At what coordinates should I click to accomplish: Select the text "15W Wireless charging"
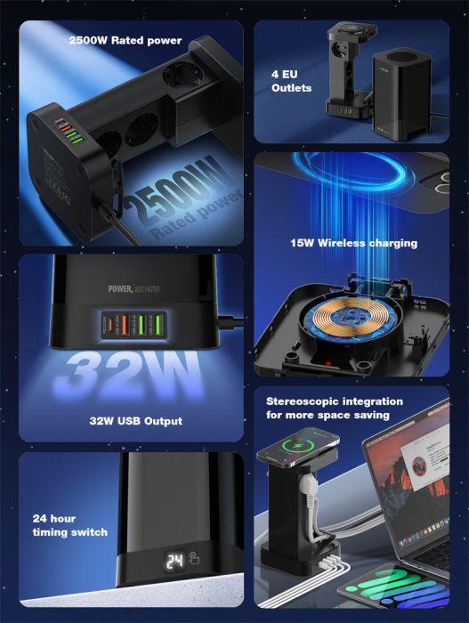tap(353, 243)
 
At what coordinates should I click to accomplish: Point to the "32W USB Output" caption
tap(136, 421)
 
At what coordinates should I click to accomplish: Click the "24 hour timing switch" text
tap(69, 525)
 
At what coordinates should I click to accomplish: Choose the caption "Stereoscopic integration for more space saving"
tap(334, 408)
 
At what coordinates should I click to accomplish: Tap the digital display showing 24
tap(174, 562)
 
